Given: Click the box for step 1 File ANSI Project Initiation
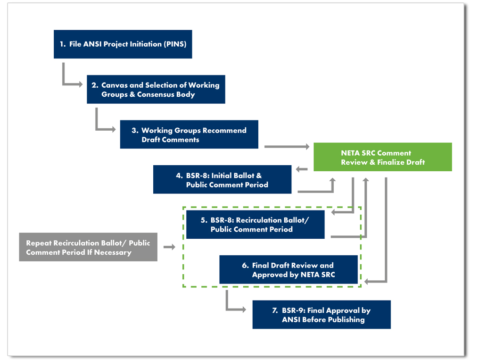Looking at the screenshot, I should point(123,44).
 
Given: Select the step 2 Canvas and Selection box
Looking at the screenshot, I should point(156,90).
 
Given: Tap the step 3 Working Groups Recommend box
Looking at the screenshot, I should point(189,134).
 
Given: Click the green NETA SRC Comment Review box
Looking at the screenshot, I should point(382,157).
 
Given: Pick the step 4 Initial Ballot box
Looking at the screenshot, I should point(222,180).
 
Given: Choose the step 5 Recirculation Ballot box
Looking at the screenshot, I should point(255,225).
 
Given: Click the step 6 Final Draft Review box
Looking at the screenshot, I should point(288,270).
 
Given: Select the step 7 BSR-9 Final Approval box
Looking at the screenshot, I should point(322,315).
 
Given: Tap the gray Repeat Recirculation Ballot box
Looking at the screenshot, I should point(88,247).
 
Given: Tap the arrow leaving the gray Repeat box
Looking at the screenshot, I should point(169,247).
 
